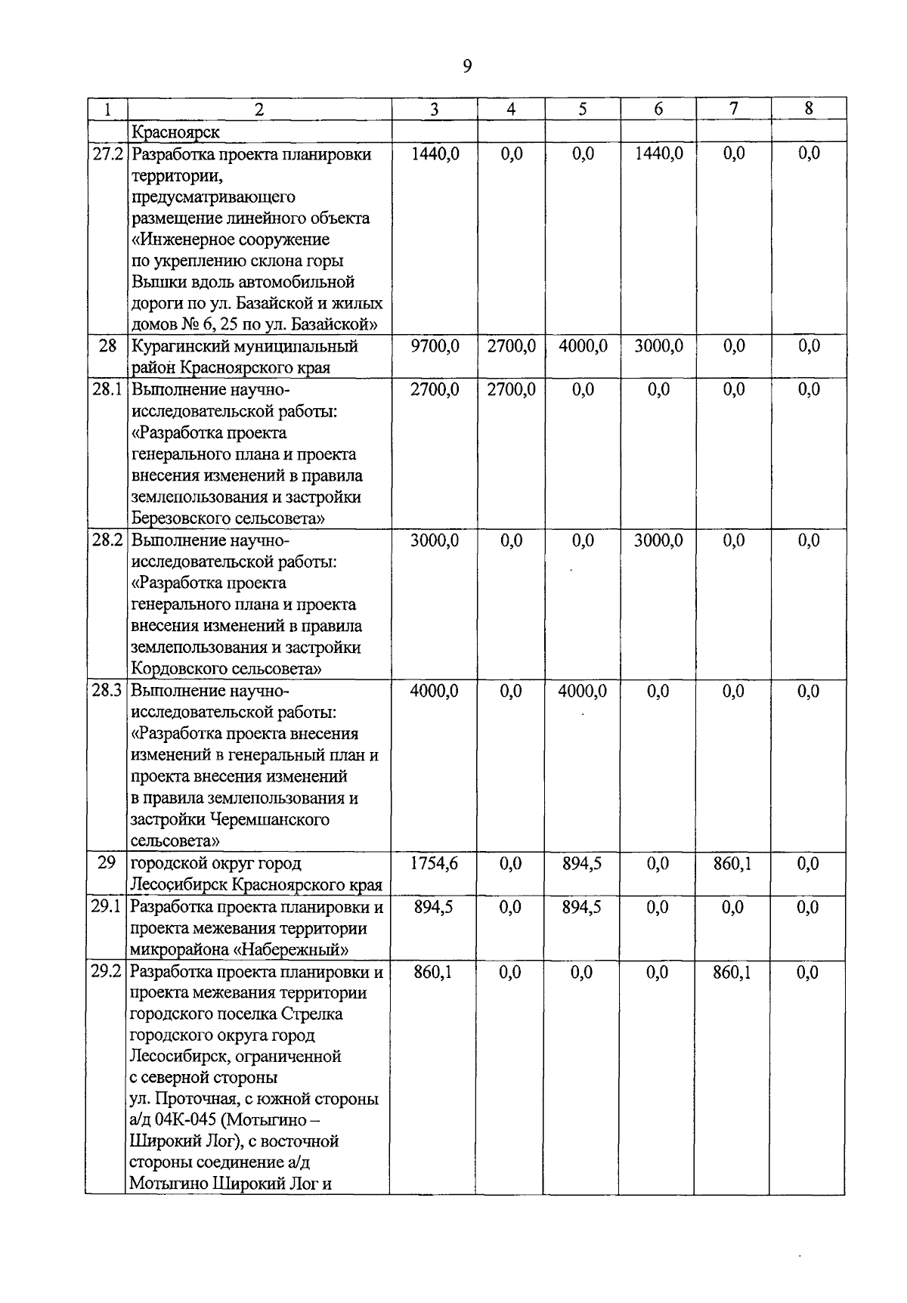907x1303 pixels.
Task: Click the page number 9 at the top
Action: (x=466, y=67)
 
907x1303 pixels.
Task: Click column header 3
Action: (x=434, y=109)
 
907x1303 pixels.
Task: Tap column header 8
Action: (x=808, y=109)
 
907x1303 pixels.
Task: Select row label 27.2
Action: (x=107, y=154)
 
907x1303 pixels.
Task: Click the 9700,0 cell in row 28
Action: (x=434, y=346)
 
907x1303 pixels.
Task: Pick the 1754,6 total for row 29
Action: (x=434, y=864)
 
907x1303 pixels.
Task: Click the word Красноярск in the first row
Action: (x=175, y=132)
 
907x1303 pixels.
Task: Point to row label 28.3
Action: (x=107, y=691)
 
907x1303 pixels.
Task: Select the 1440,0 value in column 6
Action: (x=658, y=154)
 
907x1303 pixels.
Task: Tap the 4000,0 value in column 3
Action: (x=434, y=691)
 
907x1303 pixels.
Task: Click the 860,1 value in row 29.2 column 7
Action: (x=732, y=972)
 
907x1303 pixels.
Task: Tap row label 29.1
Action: (x=107, y=907)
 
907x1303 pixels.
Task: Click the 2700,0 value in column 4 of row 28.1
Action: (x=511, y=390)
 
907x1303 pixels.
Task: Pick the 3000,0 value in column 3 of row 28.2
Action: (x=434, y=540)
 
